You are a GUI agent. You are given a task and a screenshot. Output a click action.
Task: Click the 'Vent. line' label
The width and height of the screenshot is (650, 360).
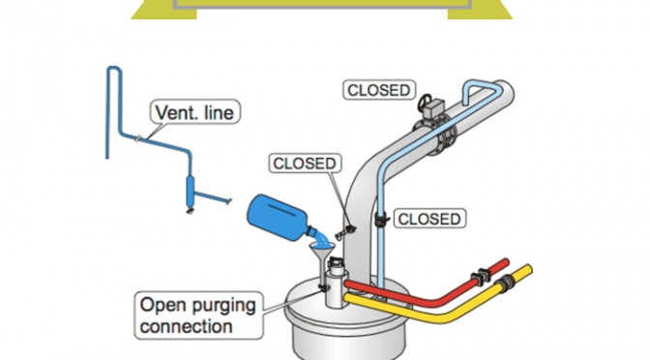coord(194,111)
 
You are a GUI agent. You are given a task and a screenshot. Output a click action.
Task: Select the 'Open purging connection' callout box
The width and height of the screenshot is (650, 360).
coord(199,315)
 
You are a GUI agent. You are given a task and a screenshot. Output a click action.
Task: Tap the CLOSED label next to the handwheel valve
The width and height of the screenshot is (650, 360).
coord(379,90)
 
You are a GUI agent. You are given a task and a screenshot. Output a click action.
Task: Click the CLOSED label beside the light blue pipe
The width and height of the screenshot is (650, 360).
coord(429,219)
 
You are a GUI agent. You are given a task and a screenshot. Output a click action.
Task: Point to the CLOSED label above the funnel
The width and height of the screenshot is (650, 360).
coord(305,163)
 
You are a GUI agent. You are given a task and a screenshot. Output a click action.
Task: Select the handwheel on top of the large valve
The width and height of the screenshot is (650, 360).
coord(425,102)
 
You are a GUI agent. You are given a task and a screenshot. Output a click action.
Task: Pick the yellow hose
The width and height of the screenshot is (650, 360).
coord(439,302)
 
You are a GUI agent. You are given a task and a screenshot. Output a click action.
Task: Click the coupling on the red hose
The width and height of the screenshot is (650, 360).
coord(481,277)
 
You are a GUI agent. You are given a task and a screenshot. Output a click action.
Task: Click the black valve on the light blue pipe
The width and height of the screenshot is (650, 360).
coord(381,220)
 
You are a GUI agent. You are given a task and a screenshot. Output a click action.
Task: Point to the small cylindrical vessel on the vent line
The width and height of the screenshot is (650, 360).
coord(191,192)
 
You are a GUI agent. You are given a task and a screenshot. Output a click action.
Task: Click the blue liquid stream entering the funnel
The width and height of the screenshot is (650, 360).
coord(322,238)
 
